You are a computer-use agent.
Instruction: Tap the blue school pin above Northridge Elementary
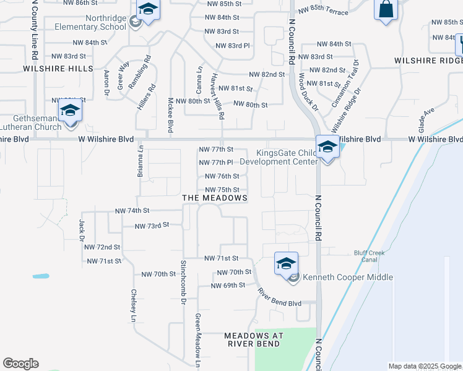point(148,10)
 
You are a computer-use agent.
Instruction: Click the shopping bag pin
point(386,10)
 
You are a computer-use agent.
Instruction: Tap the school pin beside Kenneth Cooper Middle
point(286,264)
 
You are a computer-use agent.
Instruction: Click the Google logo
point(20,364)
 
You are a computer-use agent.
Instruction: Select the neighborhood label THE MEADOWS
point(215,198)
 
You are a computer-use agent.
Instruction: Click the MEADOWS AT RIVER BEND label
point(254,339)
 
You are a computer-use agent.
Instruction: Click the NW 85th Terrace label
point(324,11)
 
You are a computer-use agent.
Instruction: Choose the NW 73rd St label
point(152,226)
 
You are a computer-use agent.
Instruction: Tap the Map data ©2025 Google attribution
point(424,366)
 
